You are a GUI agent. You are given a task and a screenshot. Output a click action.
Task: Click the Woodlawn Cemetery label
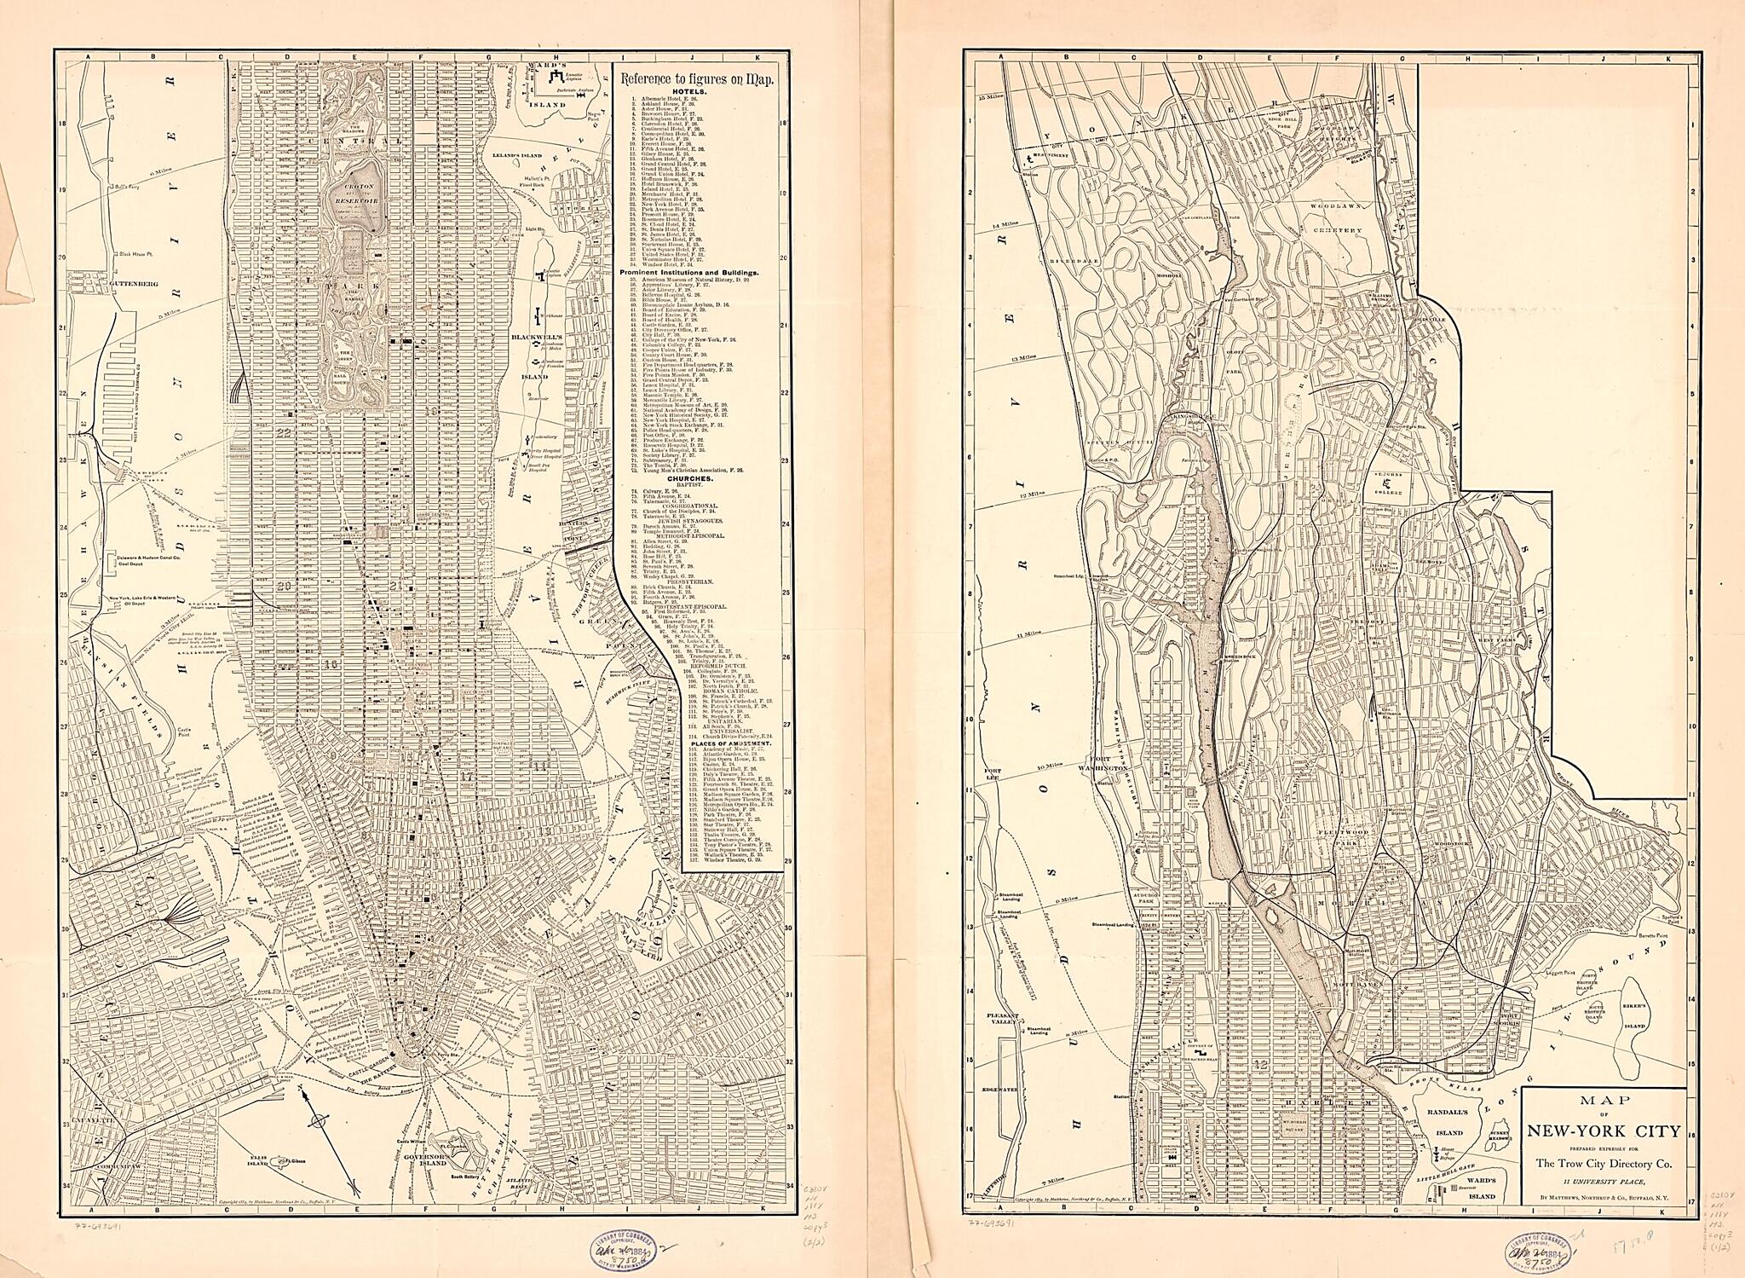(1337, 230)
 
